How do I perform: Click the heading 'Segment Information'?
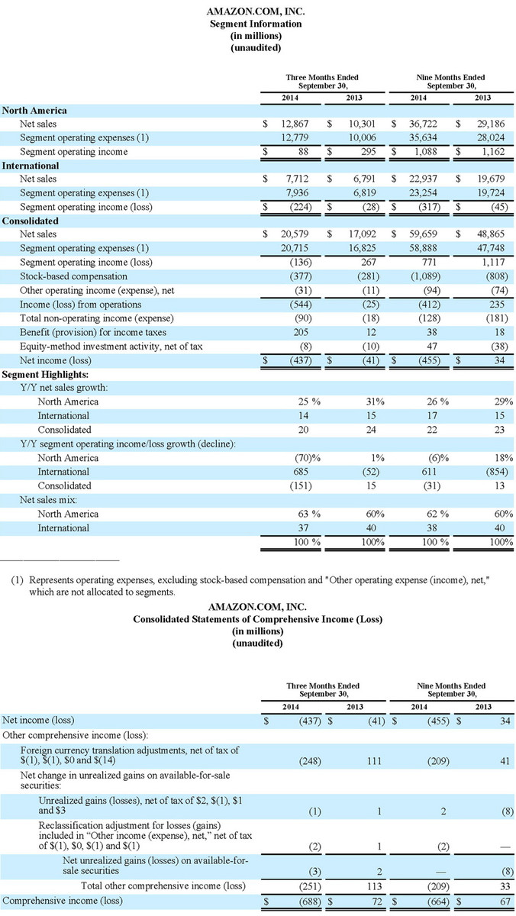[x=256, y=24]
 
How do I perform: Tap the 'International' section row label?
[x=31, y=165]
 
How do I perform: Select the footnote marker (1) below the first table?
[x=17, y=580]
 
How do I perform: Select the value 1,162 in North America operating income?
[x=498, y=151]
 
